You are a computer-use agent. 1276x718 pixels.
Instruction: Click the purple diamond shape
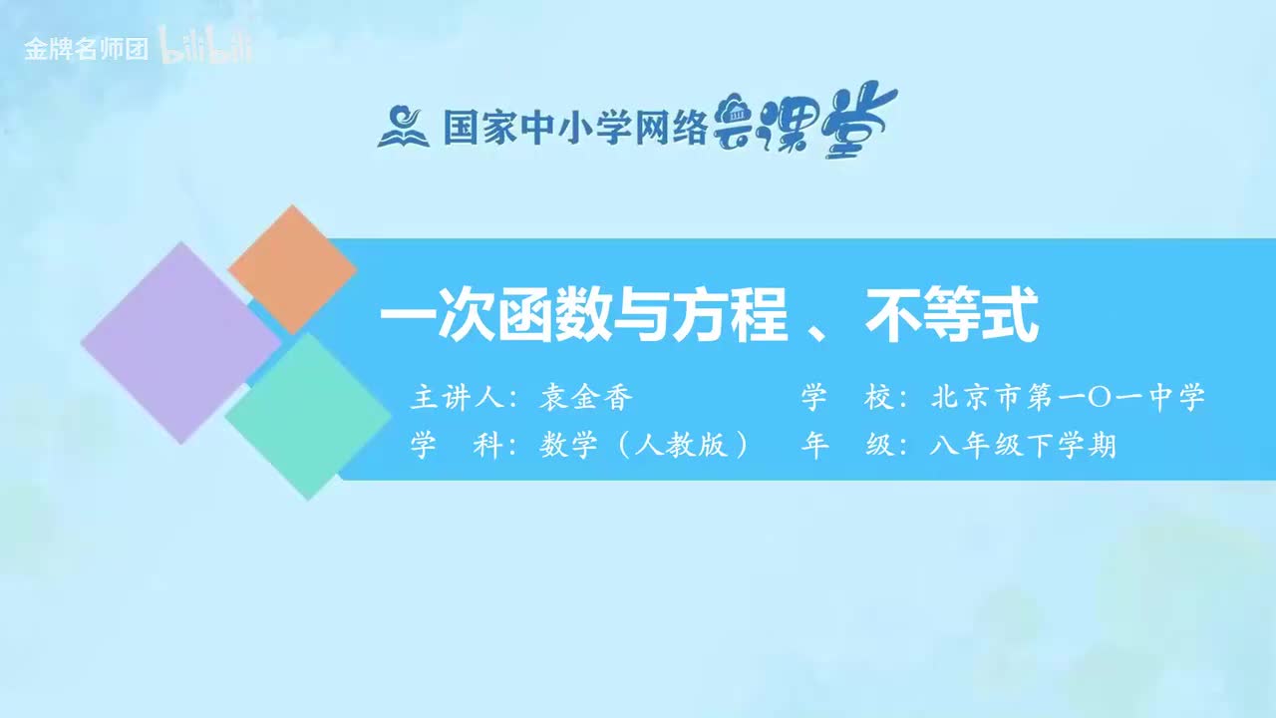pyautogui.click(x=179, y=342)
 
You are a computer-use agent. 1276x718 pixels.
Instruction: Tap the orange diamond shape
pyautogui.click(x=292, y=269)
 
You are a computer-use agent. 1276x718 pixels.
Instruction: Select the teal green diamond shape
pyautogui.click(x=308, y=415)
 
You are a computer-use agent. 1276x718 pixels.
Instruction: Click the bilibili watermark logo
pyautogui.click(x=207, y=49)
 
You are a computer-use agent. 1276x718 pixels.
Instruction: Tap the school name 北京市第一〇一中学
pyautogui.click(x=1068, y=398)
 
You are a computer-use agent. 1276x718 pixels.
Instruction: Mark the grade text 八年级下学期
pyautogui.click(x=1022, y=446)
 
